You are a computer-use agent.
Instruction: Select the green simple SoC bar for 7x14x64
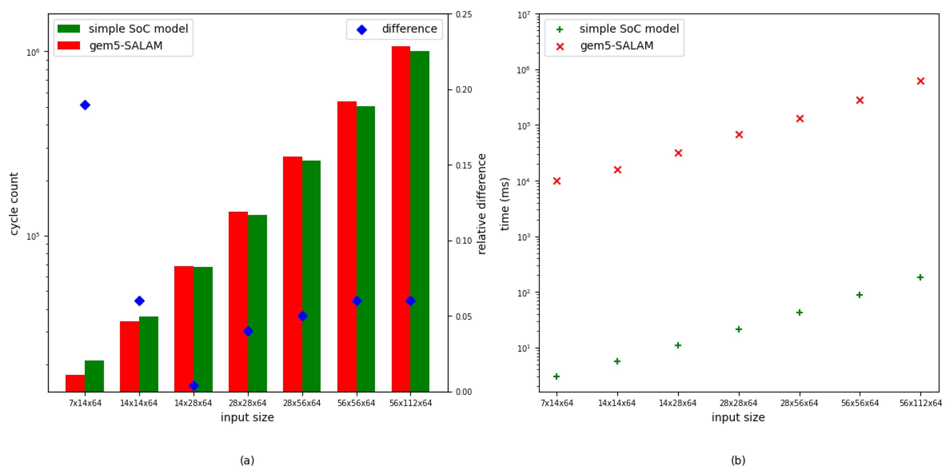pyautogui.click(x=94, y=376)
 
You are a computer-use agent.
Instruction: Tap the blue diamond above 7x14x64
pyautogui.click(x=85, y=105)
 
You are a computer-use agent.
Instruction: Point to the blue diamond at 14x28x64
pyautogui.click(x=194, y=386)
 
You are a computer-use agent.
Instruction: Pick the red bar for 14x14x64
pyautogui.click(x=129, y=356)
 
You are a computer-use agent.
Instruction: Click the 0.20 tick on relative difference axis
pyautogui.click(x=464, y=90)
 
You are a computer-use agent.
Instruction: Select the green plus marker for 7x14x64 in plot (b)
pyautogui.click(x=557, y=376)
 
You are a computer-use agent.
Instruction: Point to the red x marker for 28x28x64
pyautogui.click(x=739, y=134)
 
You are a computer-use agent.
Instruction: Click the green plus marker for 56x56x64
pyautogui.click(x=859, y=295)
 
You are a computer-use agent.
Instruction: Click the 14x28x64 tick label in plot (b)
pyautogui.click(x=677, y=403)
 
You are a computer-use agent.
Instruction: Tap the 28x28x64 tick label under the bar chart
pyautogui.click(x=248, y=403)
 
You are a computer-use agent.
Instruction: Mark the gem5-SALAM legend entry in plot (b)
pyautogui.click(x=616, y=46)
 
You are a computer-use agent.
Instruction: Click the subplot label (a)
pyautogui.click(x=247, y=460)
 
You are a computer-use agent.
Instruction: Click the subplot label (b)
pyautogui.click(x=738, y=460)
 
